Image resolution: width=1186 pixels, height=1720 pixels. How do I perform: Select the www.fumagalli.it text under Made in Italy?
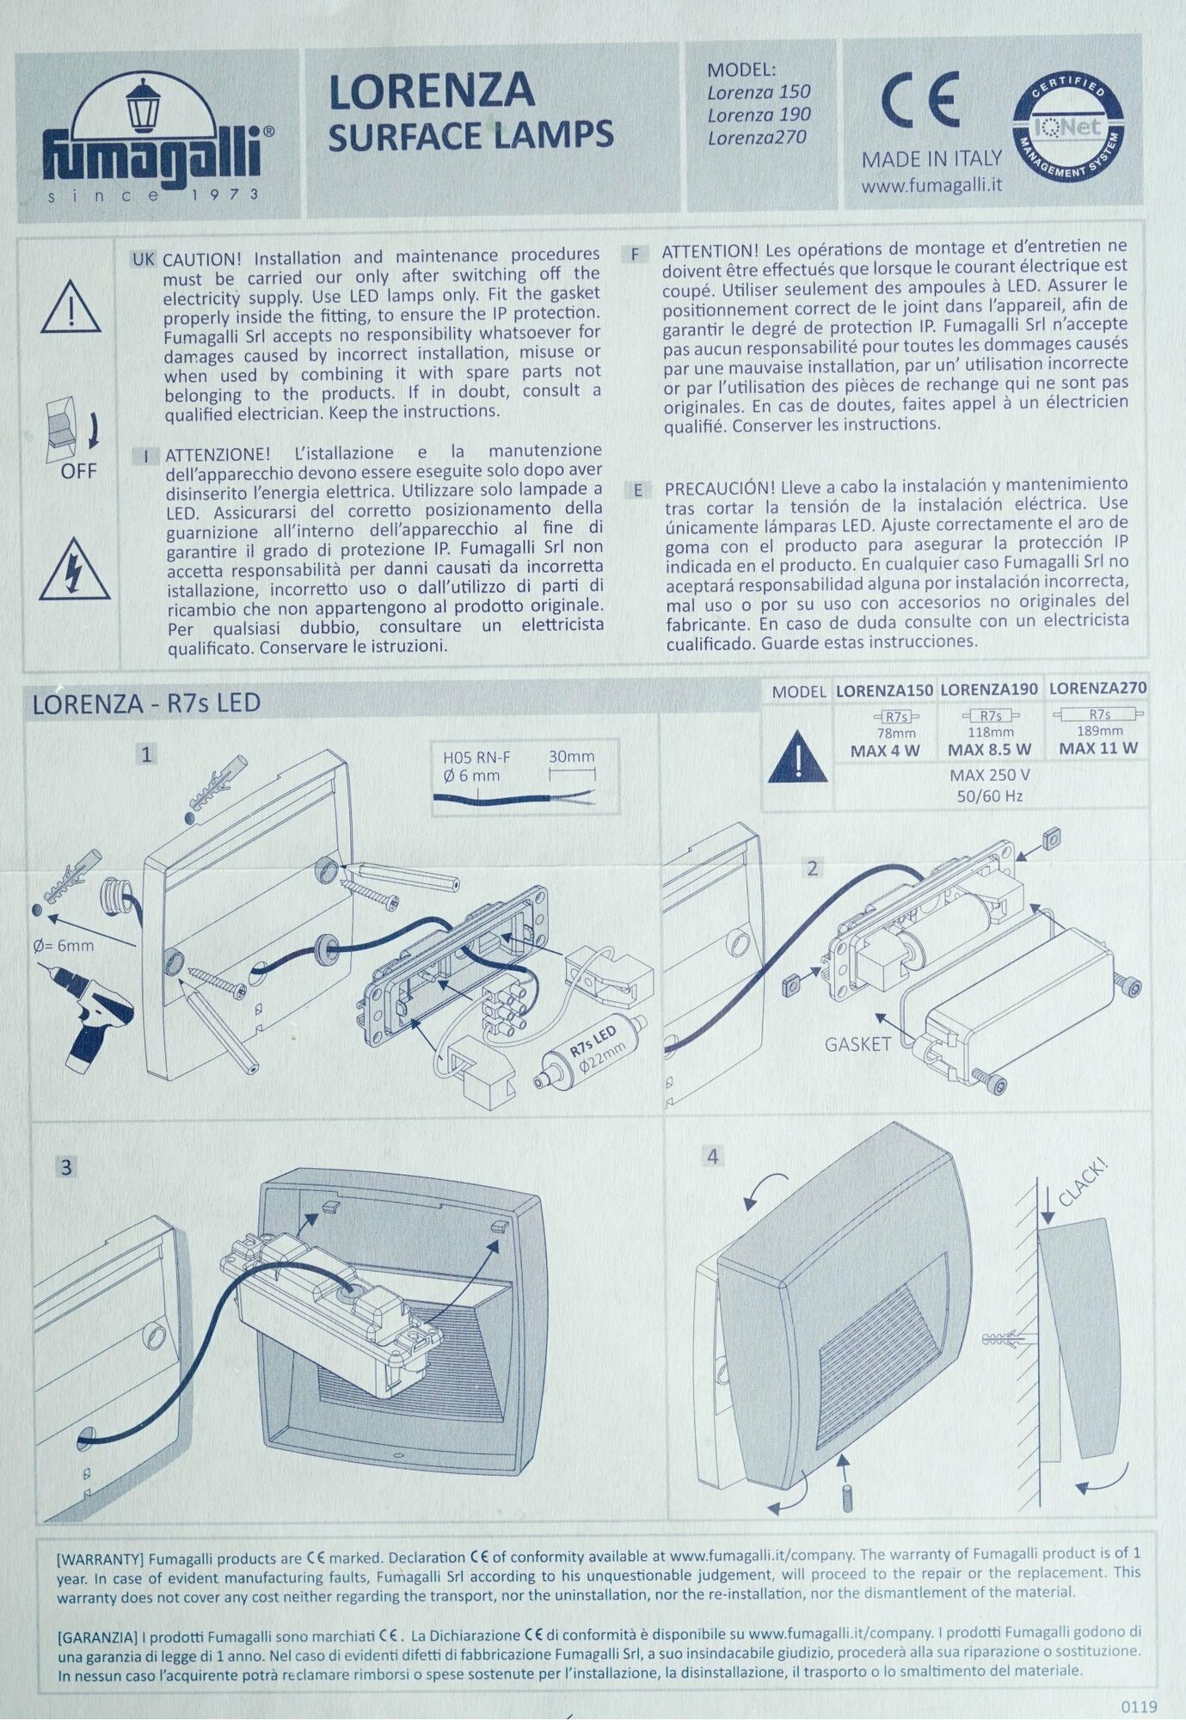931,184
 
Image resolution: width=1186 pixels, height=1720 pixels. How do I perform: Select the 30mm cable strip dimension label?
571,757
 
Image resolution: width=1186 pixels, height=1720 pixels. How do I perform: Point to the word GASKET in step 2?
857,1045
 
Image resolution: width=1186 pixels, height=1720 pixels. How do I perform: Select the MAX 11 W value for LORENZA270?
1098,748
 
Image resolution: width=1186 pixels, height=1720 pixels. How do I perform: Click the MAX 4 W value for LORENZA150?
885,750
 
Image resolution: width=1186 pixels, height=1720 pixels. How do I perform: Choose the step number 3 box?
65,1167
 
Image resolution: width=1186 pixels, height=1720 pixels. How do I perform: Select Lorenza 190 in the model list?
759,114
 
